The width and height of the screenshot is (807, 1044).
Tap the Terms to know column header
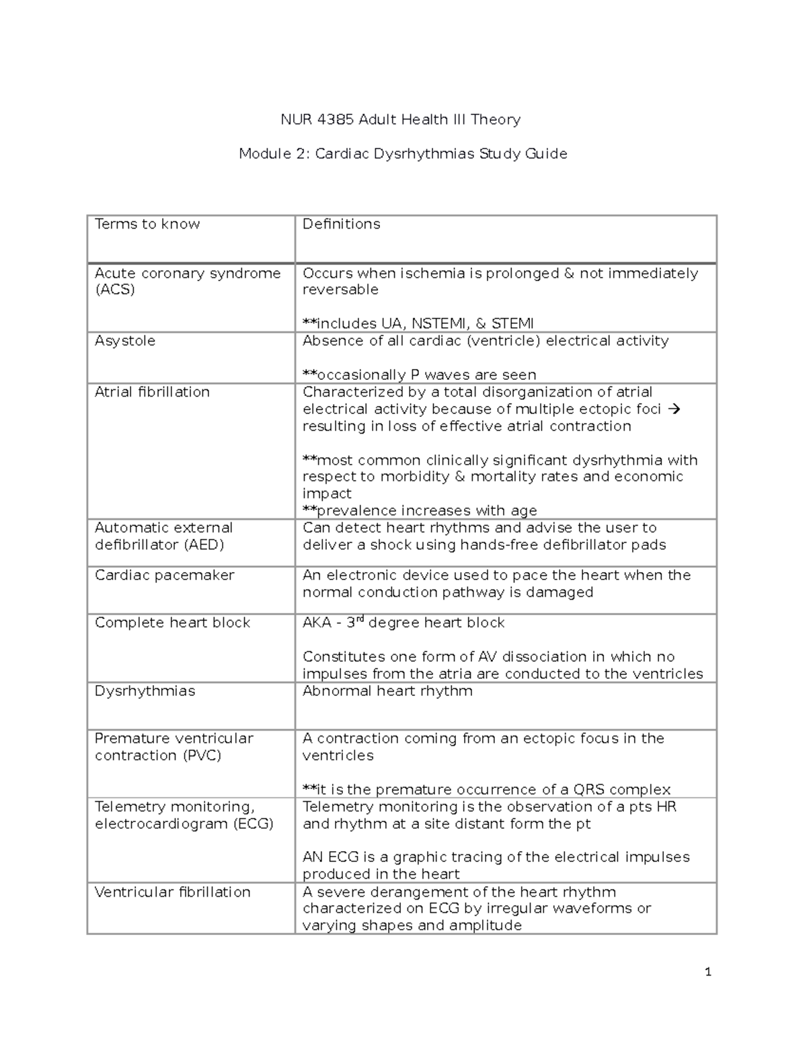point(147,224)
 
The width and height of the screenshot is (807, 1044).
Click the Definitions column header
point(341,224)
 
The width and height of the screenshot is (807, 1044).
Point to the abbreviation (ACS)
point(115,290)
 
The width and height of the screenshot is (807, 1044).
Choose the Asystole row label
point(125,341)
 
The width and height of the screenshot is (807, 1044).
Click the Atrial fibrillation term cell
point(152,392)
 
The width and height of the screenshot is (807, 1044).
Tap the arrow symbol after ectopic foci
point(676,409)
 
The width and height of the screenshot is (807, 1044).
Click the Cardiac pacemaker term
point(164,575)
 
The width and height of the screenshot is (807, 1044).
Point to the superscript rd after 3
point(360,619)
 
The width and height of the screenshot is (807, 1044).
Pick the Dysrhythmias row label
point(145,691)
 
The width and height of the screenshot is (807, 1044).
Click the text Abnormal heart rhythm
point(387,691)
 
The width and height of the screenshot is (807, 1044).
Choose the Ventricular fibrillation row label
point(172,892)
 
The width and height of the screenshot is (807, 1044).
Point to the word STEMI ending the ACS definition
point(513,323)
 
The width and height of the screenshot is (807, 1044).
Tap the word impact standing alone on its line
point(327,493)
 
